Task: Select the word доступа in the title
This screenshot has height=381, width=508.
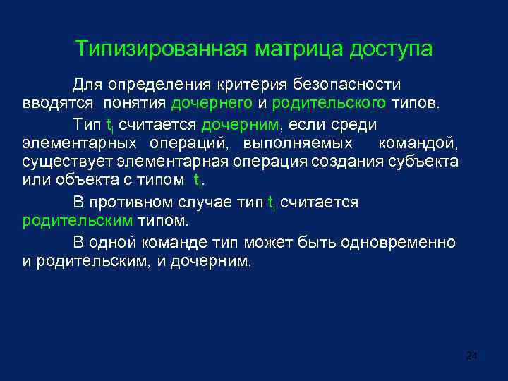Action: [x=392, y=49]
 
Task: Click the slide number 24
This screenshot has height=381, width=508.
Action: [x=472, y=356]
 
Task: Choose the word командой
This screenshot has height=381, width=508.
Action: [x=418, y=143]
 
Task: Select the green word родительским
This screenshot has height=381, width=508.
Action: [x=77, y=221]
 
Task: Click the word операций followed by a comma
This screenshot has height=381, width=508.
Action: [x=190, y=143]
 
